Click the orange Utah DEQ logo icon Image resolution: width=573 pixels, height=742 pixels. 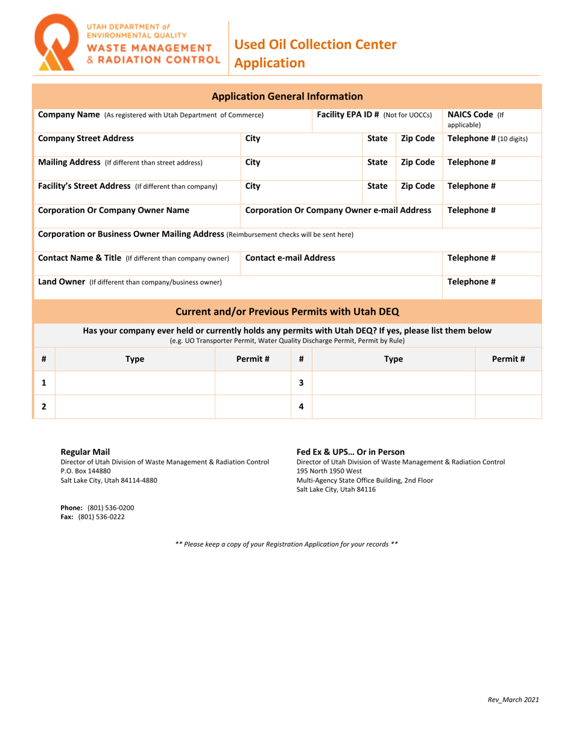point(57,43)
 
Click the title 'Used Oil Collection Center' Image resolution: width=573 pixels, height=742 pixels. point(315,44)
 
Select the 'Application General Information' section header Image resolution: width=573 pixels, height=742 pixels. point(288,96)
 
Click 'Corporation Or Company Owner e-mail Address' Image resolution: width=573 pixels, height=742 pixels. point(338,211)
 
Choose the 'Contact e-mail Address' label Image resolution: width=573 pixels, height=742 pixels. point(290,258)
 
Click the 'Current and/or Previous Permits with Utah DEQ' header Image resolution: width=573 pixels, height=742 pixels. point(287,312)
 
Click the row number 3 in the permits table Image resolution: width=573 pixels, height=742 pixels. point(301,382)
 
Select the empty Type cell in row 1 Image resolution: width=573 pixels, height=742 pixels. point(135,382)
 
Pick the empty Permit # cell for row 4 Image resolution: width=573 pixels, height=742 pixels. point(508,407)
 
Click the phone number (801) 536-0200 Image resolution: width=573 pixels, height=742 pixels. point(111,508)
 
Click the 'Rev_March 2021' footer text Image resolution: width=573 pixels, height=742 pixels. point(513,700)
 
